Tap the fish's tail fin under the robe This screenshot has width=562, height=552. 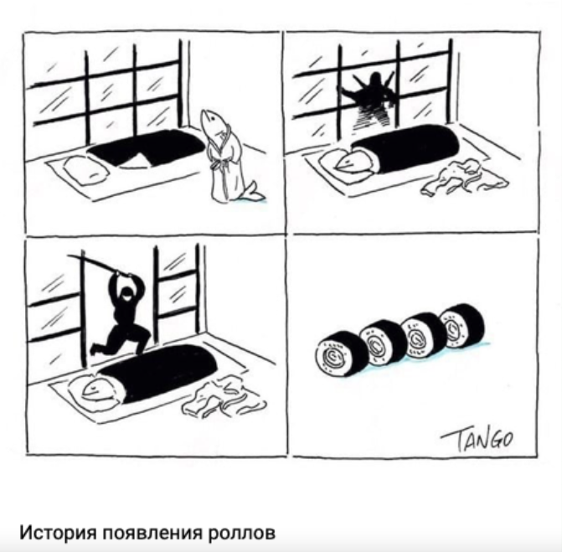tap(253, 192)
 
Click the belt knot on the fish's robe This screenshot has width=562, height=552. tap(217, 166)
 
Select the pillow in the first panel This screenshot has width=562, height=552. tap(86, 171)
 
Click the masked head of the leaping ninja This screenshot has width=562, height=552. tap(126, 295)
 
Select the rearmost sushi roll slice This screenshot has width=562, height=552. tap(462, 324)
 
